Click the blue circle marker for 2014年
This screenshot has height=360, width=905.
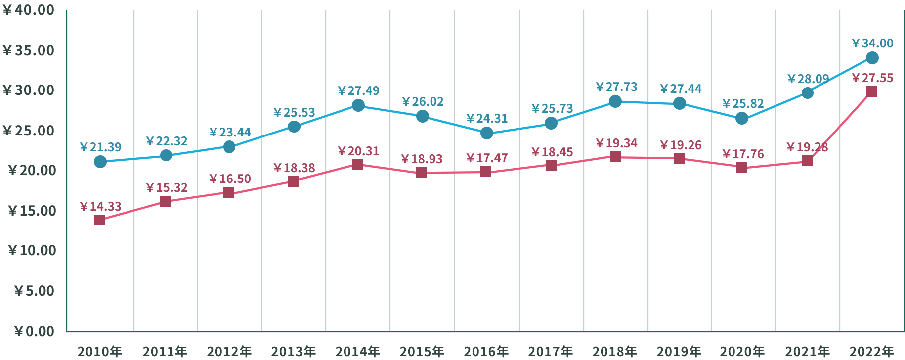(358, 105)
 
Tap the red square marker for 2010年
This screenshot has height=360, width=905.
(99, 220)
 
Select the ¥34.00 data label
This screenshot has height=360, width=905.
(872, 44)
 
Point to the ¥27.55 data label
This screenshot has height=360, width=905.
(872, 78)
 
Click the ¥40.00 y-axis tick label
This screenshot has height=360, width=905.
(29, 10)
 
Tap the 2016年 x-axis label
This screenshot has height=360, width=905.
(486, 352)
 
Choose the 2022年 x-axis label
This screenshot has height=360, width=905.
(871, 352)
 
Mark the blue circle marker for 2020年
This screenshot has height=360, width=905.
(742, 119)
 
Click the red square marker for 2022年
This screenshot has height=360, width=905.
(871, 91)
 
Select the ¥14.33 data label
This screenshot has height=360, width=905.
(100, 206)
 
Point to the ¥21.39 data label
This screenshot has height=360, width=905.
(100, 147)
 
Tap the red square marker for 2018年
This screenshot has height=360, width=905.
(615, 157)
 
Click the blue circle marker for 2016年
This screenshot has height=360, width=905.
(487, 133)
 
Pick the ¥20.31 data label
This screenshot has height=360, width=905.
(358, 151)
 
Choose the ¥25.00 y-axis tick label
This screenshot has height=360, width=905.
(29, 131)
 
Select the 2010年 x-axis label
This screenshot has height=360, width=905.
(99, 352)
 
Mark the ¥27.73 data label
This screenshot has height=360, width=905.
(616, 87)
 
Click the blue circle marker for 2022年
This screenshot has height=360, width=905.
(872, 58)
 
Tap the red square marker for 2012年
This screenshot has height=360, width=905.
(229, 192)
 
